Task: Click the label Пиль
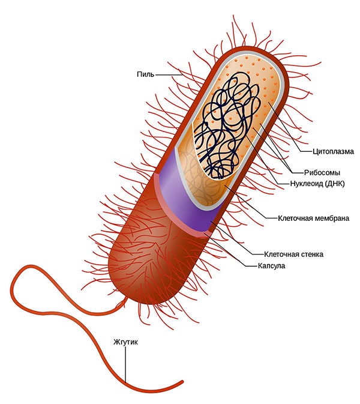tap(145, 74)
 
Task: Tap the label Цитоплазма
tap(333, 151)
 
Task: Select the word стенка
tap(312, 255)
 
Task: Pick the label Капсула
tap(271, 266)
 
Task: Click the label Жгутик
tap(125, 342)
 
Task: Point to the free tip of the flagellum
tap(182, 381)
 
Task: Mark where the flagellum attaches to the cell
tap(126, 298)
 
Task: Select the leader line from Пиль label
tap(169, 75)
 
